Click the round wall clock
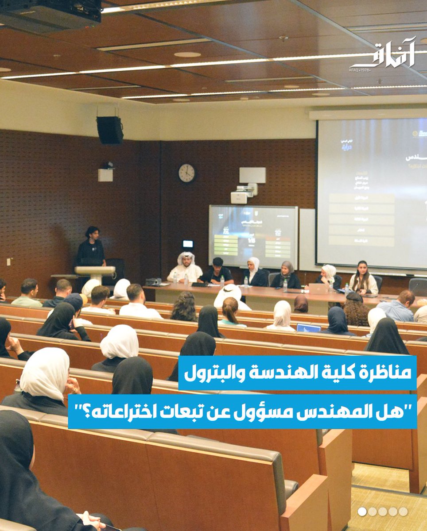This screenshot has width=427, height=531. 186,173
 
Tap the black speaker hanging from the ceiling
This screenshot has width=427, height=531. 109,130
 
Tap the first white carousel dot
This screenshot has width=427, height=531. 362,512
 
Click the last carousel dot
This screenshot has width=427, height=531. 403,512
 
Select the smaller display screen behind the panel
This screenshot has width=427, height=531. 253,231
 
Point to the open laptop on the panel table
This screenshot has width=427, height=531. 318,289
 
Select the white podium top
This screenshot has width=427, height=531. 95,269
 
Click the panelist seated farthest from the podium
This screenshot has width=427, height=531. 364,278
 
